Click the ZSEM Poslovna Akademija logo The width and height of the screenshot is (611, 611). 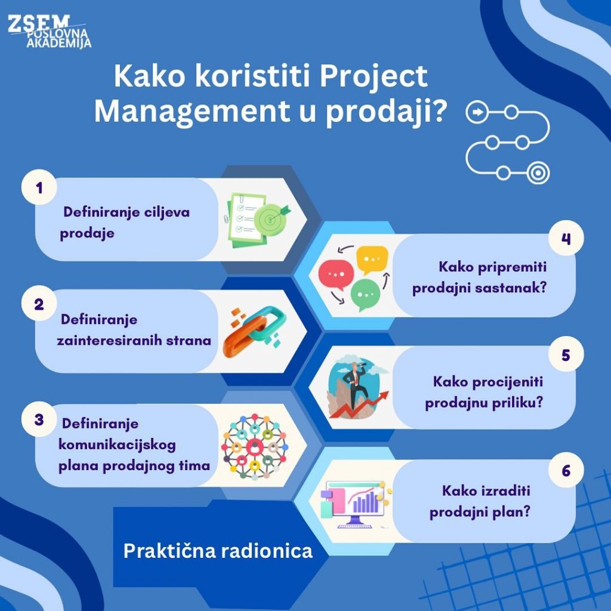49,32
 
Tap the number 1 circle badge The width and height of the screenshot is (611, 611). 39,187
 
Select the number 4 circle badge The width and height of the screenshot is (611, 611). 566,238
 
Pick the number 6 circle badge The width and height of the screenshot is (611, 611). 566,470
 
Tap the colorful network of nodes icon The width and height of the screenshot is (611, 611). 255,446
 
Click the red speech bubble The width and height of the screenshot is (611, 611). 336,274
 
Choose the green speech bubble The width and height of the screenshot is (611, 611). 365,295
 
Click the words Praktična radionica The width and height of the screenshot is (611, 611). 218,551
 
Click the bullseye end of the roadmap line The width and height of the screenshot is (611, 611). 538,172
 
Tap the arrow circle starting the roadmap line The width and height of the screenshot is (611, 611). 477,112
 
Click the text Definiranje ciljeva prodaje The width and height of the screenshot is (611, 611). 125,223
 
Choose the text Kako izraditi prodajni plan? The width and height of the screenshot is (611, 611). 480,501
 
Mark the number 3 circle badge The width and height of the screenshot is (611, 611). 39,419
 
